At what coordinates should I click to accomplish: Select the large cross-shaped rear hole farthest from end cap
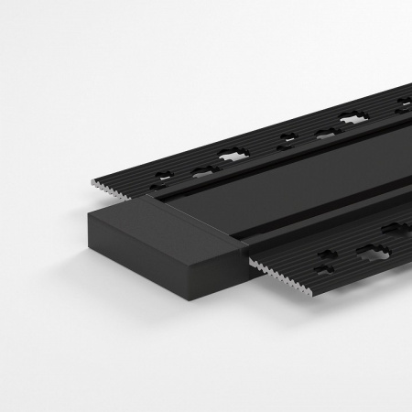[352, 119]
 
